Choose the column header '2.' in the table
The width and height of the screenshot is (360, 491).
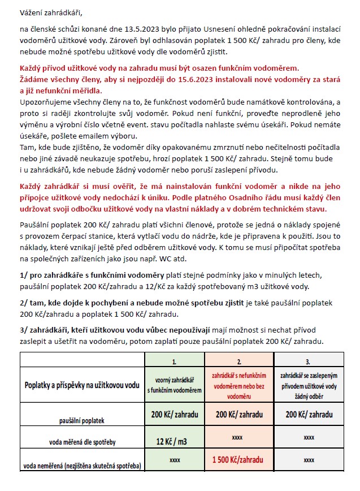coord(240,360)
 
